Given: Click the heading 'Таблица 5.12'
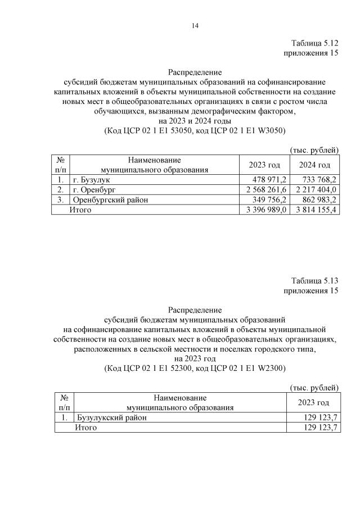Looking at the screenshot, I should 314,43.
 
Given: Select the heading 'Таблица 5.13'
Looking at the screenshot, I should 314,281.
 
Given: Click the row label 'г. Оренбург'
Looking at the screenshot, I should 93,189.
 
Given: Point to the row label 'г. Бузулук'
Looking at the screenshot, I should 92,179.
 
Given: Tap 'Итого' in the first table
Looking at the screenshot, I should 80,210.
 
